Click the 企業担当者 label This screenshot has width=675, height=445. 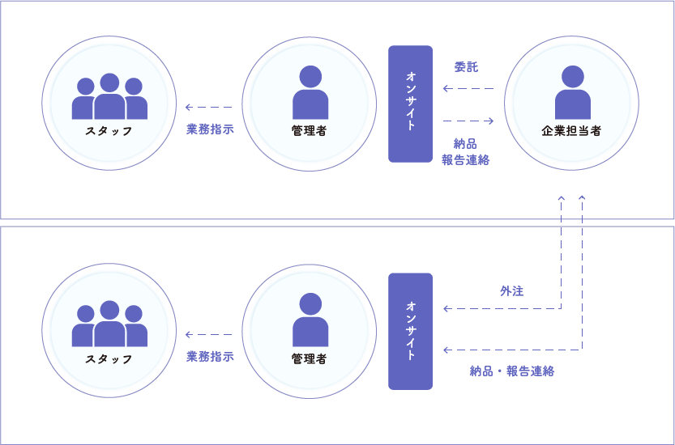[x=571, y=131]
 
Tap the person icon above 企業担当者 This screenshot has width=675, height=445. [x=572, y=93]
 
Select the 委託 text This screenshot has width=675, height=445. [x=466, y=67]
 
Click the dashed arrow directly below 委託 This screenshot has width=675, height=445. [x=468, y=88]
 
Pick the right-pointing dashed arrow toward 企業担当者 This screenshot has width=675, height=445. [x=469, y=121]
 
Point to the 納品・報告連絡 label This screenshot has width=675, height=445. [x=511, y=371]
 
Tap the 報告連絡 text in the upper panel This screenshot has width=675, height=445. [x=466, y=159]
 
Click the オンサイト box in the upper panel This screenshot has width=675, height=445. [x=410, y=104]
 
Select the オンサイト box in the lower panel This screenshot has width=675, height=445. [x=410, y=331]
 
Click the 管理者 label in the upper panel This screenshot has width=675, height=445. [x=309, y=131]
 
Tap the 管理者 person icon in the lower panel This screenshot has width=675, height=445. [x=310, y=320]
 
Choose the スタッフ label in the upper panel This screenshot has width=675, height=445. [x=109, y=131]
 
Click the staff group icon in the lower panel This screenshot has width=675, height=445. [x=109, y=324]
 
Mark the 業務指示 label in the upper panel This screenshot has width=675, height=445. [x=210, y=129]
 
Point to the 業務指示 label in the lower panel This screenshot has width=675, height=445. [x=210, y=356]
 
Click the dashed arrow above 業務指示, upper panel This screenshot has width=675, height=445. [x=208, y=107]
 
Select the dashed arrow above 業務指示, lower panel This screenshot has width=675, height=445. [x=208, y=334]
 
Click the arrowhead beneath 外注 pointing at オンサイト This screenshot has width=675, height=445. [x=446, y=308]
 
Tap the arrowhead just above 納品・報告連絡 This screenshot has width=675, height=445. [x=446, y=350]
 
